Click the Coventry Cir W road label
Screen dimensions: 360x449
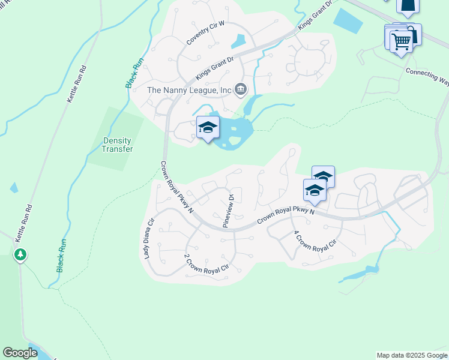pyautogui.click(x=205, y=32)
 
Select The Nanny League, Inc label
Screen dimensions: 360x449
pyautogui.click(x=189, y=90)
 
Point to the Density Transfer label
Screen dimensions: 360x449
pyautogui.click(x=116, y=145)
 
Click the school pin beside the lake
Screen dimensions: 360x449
pyautogui.click(x=208, y=128)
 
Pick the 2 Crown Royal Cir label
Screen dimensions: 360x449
pyautogui.click(x=207, y=264)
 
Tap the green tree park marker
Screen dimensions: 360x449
pyautogui.click(x=20, y=255)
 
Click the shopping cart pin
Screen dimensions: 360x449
pyautogui.click(x=401, y=42)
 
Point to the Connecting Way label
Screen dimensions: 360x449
pyautogui.click(x=427, y=76)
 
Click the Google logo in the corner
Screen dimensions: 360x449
pyautogui.click(x=20, y=353)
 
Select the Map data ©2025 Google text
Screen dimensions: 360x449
pyautogui.click(x=411, y=355)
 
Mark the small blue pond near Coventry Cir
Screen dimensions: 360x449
pyautogui.click(x=238, y=41)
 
